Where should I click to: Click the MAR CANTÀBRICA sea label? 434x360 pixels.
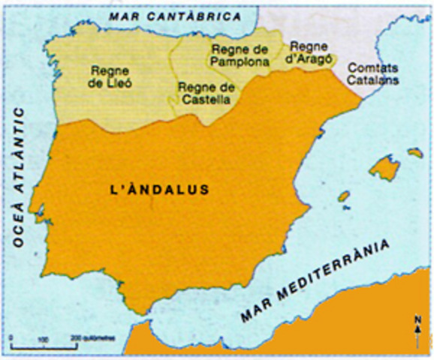(x=174, y=15)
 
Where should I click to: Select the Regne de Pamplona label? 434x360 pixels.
(x=240, y=55)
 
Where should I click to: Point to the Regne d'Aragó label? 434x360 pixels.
(x=309, y=52)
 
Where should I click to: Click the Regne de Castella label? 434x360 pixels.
(x=204, y=92)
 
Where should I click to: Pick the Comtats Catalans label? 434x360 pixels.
(x=374, y=73)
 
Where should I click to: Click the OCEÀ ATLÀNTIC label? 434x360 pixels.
(x=18, y=176)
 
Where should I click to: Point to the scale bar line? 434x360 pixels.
(x=44, y=347)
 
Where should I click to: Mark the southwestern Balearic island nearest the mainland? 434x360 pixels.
(x=344, y=196)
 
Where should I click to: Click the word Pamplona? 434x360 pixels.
(x=240, y=61)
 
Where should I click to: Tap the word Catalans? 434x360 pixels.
(x=374, y=79)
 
